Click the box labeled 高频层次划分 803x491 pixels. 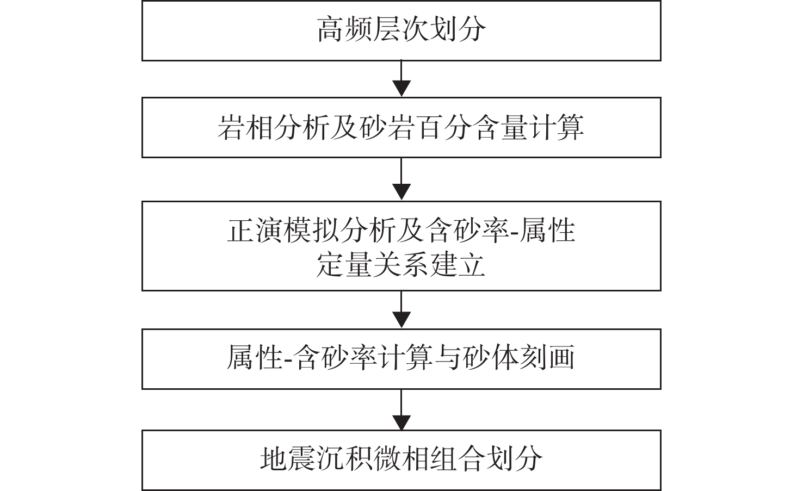point(401,30)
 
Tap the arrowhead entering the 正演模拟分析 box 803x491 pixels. point(401,192)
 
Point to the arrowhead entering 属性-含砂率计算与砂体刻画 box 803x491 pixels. point(401,320)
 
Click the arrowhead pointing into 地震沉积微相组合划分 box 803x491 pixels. point(401,422)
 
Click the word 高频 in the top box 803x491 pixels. point(344,29)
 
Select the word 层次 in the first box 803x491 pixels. point(401,29)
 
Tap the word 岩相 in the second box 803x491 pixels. point(246,127)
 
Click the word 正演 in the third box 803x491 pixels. point(255,231)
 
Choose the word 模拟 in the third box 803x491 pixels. point(312,231)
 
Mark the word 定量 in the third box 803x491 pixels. point(344,265)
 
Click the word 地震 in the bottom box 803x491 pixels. point(288,459)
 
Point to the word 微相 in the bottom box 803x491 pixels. point(401,459)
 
